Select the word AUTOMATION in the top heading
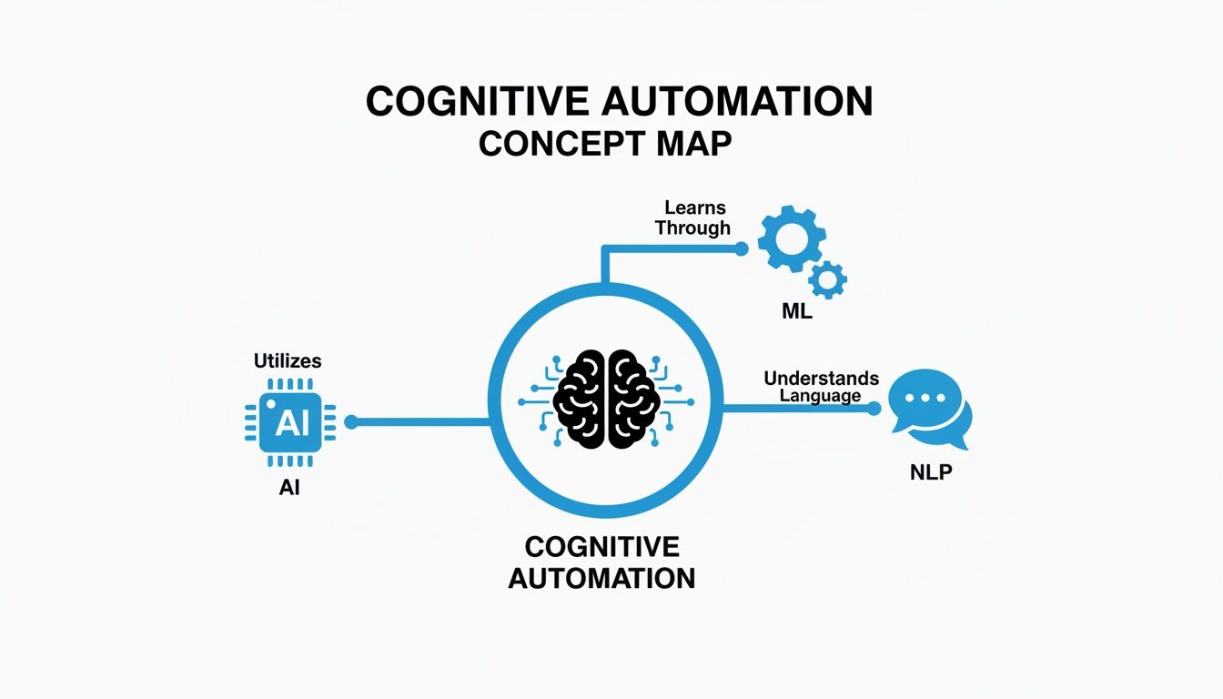point(737,102)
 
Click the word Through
point(692,228)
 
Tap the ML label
point(796,312)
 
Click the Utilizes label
point(288,361)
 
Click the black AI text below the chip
point(289,488)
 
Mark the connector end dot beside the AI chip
point(352,421)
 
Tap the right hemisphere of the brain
point(632,398)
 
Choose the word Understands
point(822,378)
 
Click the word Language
point(821,396)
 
